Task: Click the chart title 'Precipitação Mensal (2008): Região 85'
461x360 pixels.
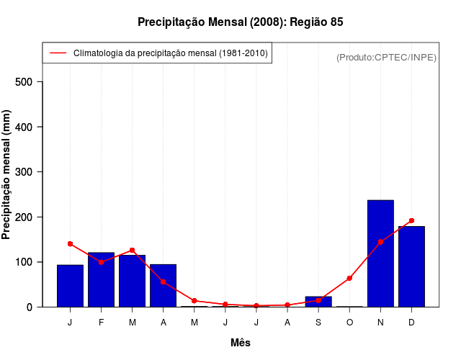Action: click(x=240, y=22)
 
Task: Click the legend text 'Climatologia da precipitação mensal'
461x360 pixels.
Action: click(x=171, y=53)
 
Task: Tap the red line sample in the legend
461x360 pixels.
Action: click(x=58, y=53)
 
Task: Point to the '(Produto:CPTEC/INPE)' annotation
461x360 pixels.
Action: click(x=386, y=57)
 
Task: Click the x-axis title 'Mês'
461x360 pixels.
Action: click(x=241, y=343)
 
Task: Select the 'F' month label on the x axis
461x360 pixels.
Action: click(x=101, y=323)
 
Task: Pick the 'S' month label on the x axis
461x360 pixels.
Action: click(x=318, y=323)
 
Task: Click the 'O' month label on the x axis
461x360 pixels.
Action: click(x=349, y=323)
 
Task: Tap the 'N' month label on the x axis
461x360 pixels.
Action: click(x=380, y=323)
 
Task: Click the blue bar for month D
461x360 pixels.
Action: click(x=411, y=266)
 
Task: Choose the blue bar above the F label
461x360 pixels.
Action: click(x=101, y=279)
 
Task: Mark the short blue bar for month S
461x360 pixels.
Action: click(x=318, y=302)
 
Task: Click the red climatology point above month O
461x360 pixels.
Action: click(x=349, y=278)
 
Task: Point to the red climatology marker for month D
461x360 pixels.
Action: click(x=411, y=220)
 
